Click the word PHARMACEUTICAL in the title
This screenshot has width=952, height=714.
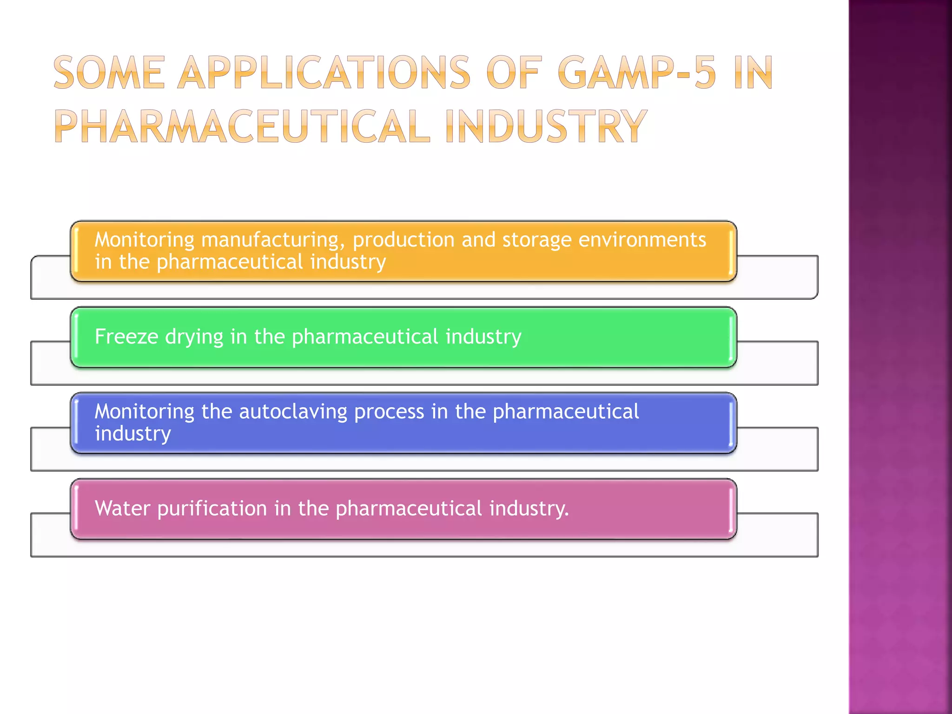tap(242, 126)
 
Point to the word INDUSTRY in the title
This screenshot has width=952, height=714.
tap(546, 126)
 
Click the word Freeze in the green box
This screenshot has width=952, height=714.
tap(126, 337)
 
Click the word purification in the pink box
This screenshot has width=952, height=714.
tap(212, 509)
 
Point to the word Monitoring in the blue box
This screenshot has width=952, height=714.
tap(145, 412)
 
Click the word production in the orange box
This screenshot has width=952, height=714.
tap(403, 240)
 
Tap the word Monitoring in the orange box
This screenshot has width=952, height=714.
tap(145, 240)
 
